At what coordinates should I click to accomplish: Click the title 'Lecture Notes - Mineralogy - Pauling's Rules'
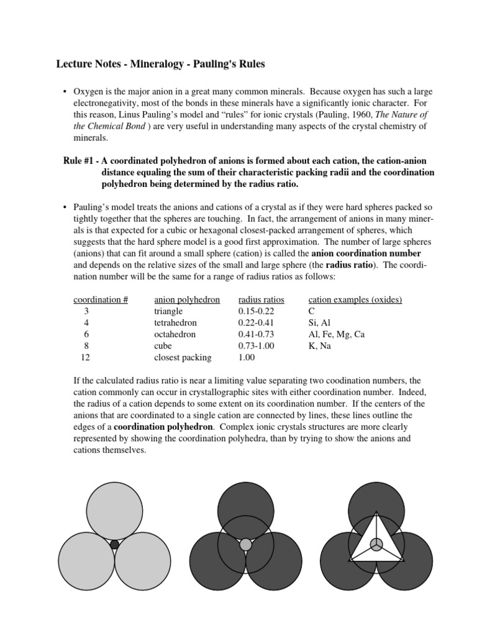point(161,65)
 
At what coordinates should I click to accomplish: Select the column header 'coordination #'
point(101,299)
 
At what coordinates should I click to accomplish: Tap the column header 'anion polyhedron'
point(187,299)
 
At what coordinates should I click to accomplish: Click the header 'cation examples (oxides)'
point(355,299)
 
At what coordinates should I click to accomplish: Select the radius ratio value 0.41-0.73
point(256,334)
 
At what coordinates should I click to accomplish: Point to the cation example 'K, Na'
point(320,346)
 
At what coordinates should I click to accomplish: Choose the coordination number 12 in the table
point(86,358)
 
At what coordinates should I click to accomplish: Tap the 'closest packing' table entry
point(183,358)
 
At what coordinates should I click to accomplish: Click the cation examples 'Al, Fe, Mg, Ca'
point(336,334)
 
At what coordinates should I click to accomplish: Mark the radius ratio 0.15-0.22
point(256,311)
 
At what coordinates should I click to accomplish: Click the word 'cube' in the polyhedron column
point(163,346)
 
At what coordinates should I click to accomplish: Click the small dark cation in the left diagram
point(114,545)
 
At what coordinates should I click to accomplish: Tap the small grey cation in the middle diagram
point(246,545)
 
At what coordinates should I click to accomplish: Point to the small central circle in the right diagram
point(376,544)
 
